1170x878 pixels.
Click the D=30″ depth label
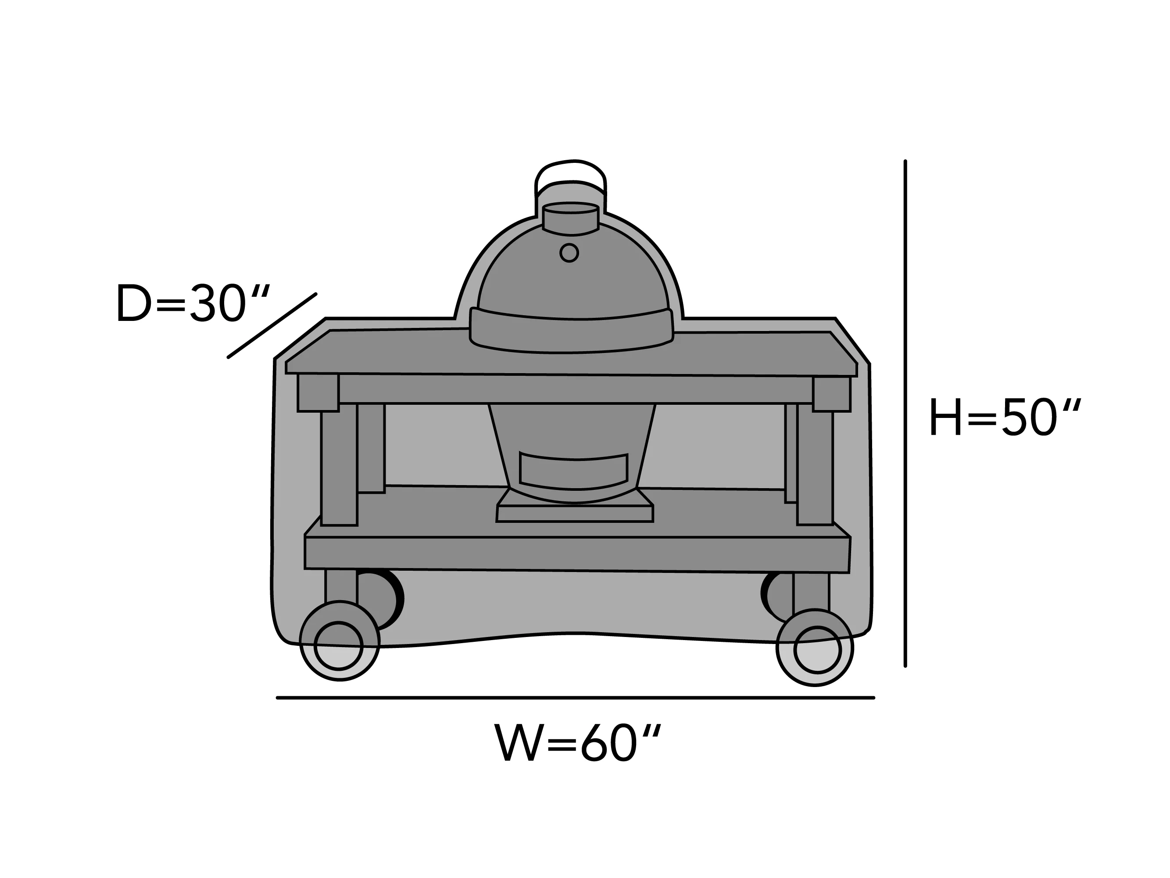point(193,303)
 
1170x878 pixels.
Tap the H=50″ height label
point(1005,417)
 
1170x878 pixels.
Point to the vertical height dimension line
point(905,414)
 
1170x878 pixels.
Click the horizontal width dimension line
point(576,698)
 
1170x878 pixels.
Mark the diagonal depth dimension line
point(272,325)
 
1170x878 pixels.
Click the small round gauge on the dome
point(569,253)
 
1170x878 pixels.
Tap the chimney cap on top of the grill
point(571,218)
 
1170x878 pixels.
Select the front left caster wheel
point(340,641)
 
